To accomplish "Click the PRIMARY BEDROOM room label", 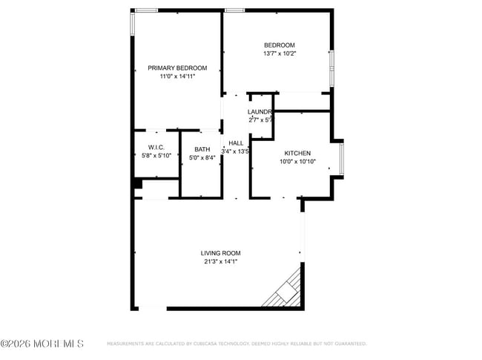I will (x=172, y=68).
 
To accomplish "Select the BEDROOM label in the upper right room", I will (x=279, y=45).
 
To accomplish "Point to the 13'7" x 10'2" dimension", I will (x=279, y=53).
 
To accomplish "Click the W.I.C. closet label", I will (x=156, y=147).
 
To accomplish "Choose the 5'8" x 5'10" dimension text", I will (x=156, y=155).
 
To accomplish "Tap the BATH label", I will (x=202, y=149).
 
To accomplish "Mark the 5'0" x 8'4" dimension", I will (x=202, y=157).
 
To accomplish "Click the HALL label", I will (x=236, y=143).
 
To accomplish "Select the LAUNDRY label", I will (x=260, y=112).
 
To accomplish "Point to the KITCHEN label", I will (x=297, y=153).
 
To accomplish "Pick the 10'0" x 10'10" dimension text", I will (x=297, y=161).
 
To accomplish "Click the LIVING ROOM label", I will (x=220, y=253).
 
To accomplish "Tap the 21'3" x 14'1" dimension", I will (x=220, y=261).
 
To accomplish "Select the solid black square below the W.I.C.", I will (x=137, y=183).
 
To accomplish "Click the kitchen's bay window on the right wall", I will (x=341, y=159).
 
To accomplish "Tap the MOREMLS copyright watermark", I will (x=42, y=344).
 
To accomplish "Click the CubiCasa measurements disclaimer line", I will (x=237, y=344).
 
